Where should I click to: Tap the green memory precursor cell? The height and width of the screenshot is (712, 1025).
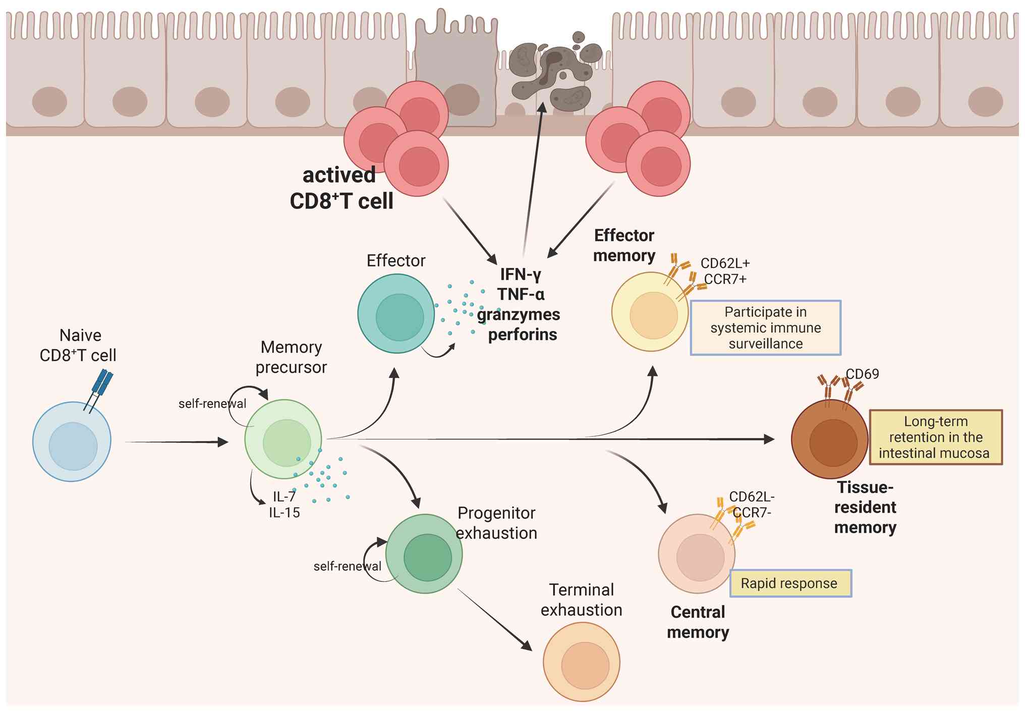[x=283, y=440]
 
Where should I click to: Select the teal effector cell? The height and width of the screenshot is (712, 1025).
[x=396, y=314]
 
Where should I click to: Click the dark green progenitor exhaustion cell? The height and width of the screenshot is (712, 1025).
[x=424, y=554]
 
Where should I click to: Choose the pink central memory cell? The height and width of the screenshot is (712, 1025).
[x=697, y=554]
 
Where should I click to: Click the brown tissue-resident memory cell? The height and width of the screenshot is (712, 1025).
[x=830, y=440]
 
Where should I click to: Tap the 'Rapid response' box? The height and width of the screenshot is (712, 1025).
[x=790, y=584]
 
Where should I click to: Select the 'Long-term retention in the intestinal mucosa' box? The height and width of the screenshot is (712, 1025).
[x=936, y=437]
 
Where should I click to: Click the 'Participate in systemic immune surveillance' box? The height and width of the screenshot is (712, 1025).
[x=765, y=328]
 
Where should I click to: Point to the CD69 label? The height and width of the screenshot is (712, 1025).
[x=862, y=374]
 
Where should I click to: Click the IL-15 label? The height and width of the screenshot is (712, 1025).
[x=284, y=513]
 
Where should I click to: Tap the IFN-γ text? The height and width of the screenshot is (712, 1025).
[x=521, y=275]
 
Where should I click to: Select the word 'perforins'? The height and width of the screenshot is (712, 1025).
[x=523, y=335]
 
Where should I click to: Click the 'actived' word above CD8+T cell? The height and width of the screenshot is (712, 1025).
[x=339, y=176]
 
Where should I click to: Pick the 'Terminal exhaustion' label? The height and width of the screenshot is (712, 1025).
[x=582, y=600]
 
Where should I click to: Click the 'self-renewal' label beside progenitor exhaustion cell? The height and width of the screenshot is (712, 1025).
[x=347, y=567]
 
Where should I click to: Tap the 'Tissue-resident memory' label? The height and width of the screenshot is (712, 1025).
[x=865, y=508]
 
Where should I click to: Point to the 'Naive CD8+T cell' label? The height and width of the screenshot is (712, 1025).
[x=79, y=345]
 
